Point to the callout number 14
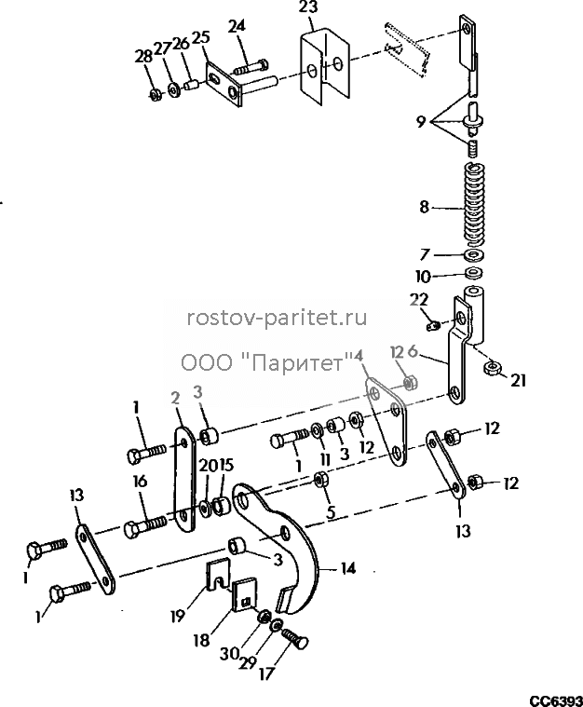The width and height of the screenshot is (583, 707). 346,568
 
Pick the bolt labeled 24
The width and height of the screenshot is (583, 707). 251,69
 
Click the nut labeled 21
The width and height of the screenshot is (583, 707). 493,368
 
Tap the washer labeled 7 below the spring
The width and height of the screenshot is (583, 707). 473,255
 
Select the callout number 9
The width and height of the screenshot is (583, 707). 421,121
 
